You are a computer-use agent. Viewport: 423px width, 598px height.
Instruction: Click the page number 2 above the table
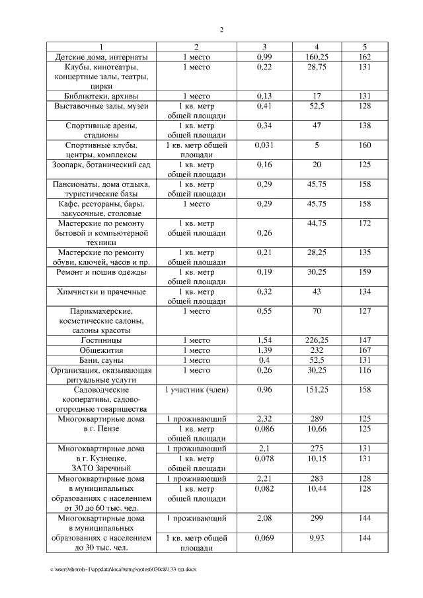click(x=221, y=30)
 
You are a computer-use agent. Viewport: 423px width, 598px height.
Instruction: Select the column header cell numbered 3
click(x=264, y=47)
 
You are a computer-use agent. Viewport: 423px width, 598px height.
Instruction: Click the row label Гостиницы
click(x=101, y=340)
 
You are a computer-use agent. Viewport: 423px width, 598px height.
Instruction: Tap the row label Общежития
click(x=101, y=350)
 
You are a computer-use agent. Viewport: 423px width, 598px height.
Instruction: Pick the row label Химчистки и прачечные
click(x=101, y=292)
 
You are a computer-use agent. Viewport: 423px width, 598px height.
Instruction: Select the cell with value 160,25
click(x=317, y=57)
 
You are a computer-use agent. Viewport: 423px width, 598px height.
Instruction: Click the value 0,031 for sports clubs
click(x=264, y=145)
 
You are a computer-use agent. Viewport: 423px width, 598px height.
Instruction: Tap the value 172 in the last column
click(x=365, y=224)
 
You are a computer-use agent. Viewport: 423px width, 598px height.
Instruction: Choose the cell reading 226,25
click(x=317, y=340)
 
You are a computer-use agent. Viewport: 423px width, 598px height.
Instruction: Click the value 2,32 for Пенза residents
click(x=264, y=419)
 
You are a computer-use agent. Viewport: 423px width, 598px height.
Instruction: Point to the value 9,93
click(x=317, y=539)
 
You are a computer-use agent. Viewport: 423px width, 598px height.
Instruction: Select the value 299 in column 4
click(x=317, y=519)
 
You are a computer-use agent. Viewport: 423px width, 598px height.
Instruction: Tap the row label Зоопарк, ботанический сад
click(x=101, y=165)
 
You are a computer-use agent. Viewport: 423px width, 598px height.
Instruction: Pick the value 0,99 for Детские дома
click(x=264, y=57)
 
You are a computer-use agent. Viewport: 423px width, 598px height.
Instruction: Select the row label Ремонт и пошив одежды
click(x=101, y=272)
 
